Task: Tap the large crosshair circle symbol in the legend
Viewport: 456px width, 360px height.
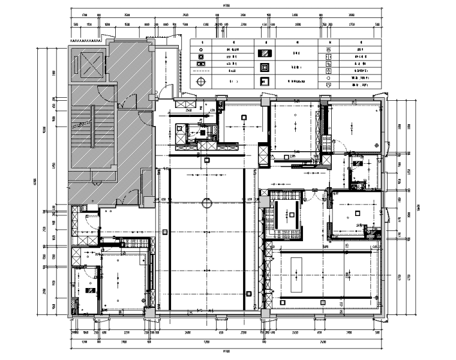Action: [201, 81]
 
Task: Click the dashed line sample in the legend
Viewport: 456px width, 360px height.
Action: [202, 70]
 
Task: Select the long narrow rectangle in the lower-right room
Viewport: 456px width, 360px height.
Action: [298, 274]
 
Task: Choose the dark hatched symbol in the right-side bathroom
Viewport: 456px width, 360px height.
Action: [358, 163]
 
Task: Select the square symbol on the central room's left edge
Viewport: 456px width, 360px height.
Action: [165, 232]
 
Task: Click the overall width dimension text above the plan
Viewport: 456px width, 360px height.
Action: [226, 7]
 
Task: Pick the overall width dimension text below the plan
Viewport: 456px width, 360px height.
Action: [226, 351]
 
